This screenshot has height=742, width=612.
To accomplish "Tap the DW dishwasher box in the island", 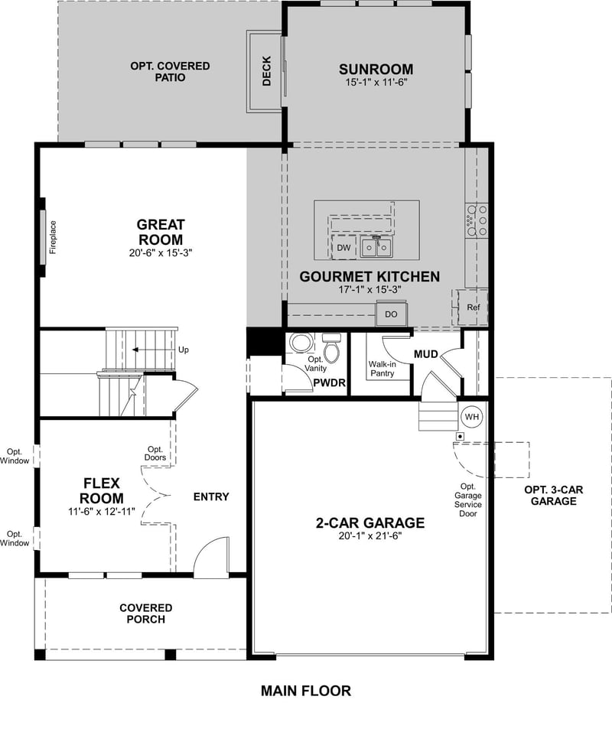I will (343, 248).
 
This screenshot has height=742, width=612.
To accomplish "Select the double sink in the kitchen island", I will (376, 248).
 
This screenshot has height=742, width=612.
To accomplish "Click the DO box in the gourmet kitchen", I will (391, 314).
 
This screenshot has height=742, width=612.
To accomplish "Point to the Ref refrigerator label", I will (474, 308).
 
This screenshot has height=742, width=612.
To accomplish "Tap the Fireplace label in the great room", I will (54, 237).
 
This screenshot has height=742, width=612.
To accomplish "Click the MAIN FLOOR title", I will (306, 691).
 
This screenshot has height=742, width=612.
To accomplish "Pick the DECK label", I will (266, 71).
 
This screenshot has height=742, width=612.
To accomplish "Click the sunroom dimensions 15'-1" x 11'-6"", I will (376, 83).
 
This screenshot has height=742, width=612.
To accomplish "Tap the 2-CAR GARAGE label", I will (369, 523).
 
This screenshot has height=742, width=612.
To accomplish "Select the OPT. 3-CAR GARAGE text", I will (550, 495).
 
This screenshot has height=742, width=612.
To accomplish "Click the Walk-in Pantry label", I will (381, 369).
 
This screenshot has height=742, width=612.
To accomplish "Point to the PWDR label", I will (325, 381).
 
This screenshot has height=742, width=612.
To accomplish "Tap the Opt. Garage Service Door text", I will (467, 500).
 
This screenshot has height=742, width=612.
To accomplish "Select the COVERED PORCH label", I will (145, 613).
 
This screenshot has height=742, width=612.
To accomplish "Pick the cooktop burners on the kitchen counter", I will (476, 220).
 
